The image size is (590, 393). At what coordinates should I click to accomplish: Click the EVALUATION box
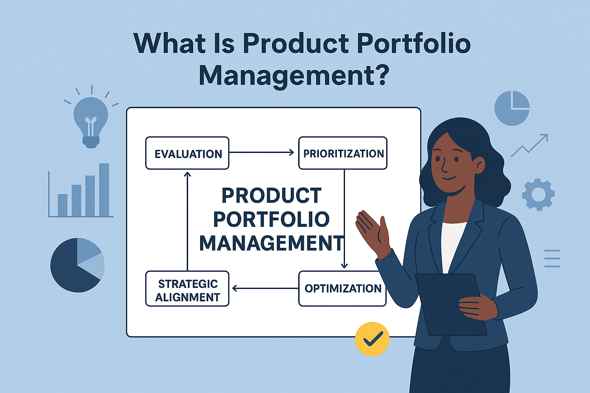click(187, 153)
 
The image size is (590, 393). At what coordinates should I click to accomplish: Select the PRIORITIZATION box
click(343, 153)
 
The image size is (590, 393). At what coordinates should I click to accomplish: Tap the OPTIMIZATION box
click(342, 289)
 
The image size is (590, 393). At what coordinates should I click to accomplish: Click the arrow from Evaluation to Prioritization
click(261, 152)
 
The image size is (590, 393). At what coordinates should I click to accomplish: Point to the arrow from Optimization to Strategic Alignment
click(265, 288)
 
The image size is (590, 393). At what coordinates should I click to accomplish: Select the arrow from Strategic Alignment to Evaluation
click(187, 221)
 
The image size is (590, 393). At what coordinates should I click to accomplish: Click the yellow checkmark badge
click(372, 339)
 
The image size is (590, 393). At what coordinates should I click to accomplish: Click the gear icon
click(538, 194)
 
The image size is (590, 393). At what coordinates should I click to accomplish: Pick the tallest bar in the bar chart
click(104, 190)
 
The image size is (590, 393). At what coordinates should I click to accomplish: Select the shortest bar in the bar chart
click(63, 205)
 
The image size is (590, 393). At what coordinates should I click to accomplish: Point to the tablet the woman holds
click(449, 303)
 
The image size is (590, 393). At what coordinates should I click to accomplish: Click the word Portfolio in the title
click(413, 43)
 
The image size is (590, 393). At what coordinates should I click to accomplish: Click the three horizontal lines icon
click(552, 258)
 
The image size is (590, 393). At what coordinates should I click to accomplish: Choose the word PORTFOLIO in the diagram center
click(271, 219)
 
